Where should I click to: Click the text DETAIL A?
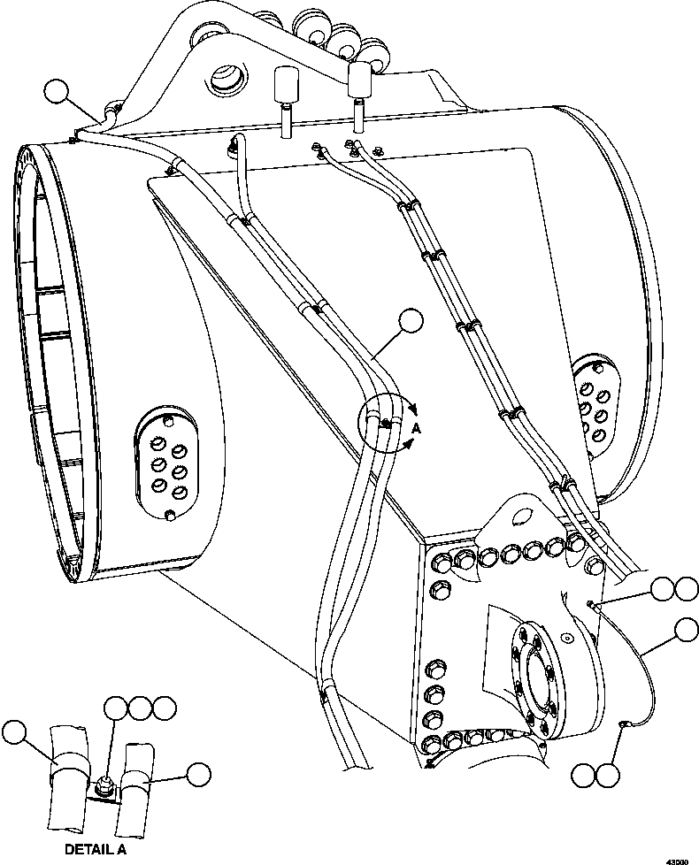pyautogui.click(x=96, y=849)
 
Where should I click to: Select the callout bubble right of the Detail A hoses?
pyautogui.click(x=200, y=774)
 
